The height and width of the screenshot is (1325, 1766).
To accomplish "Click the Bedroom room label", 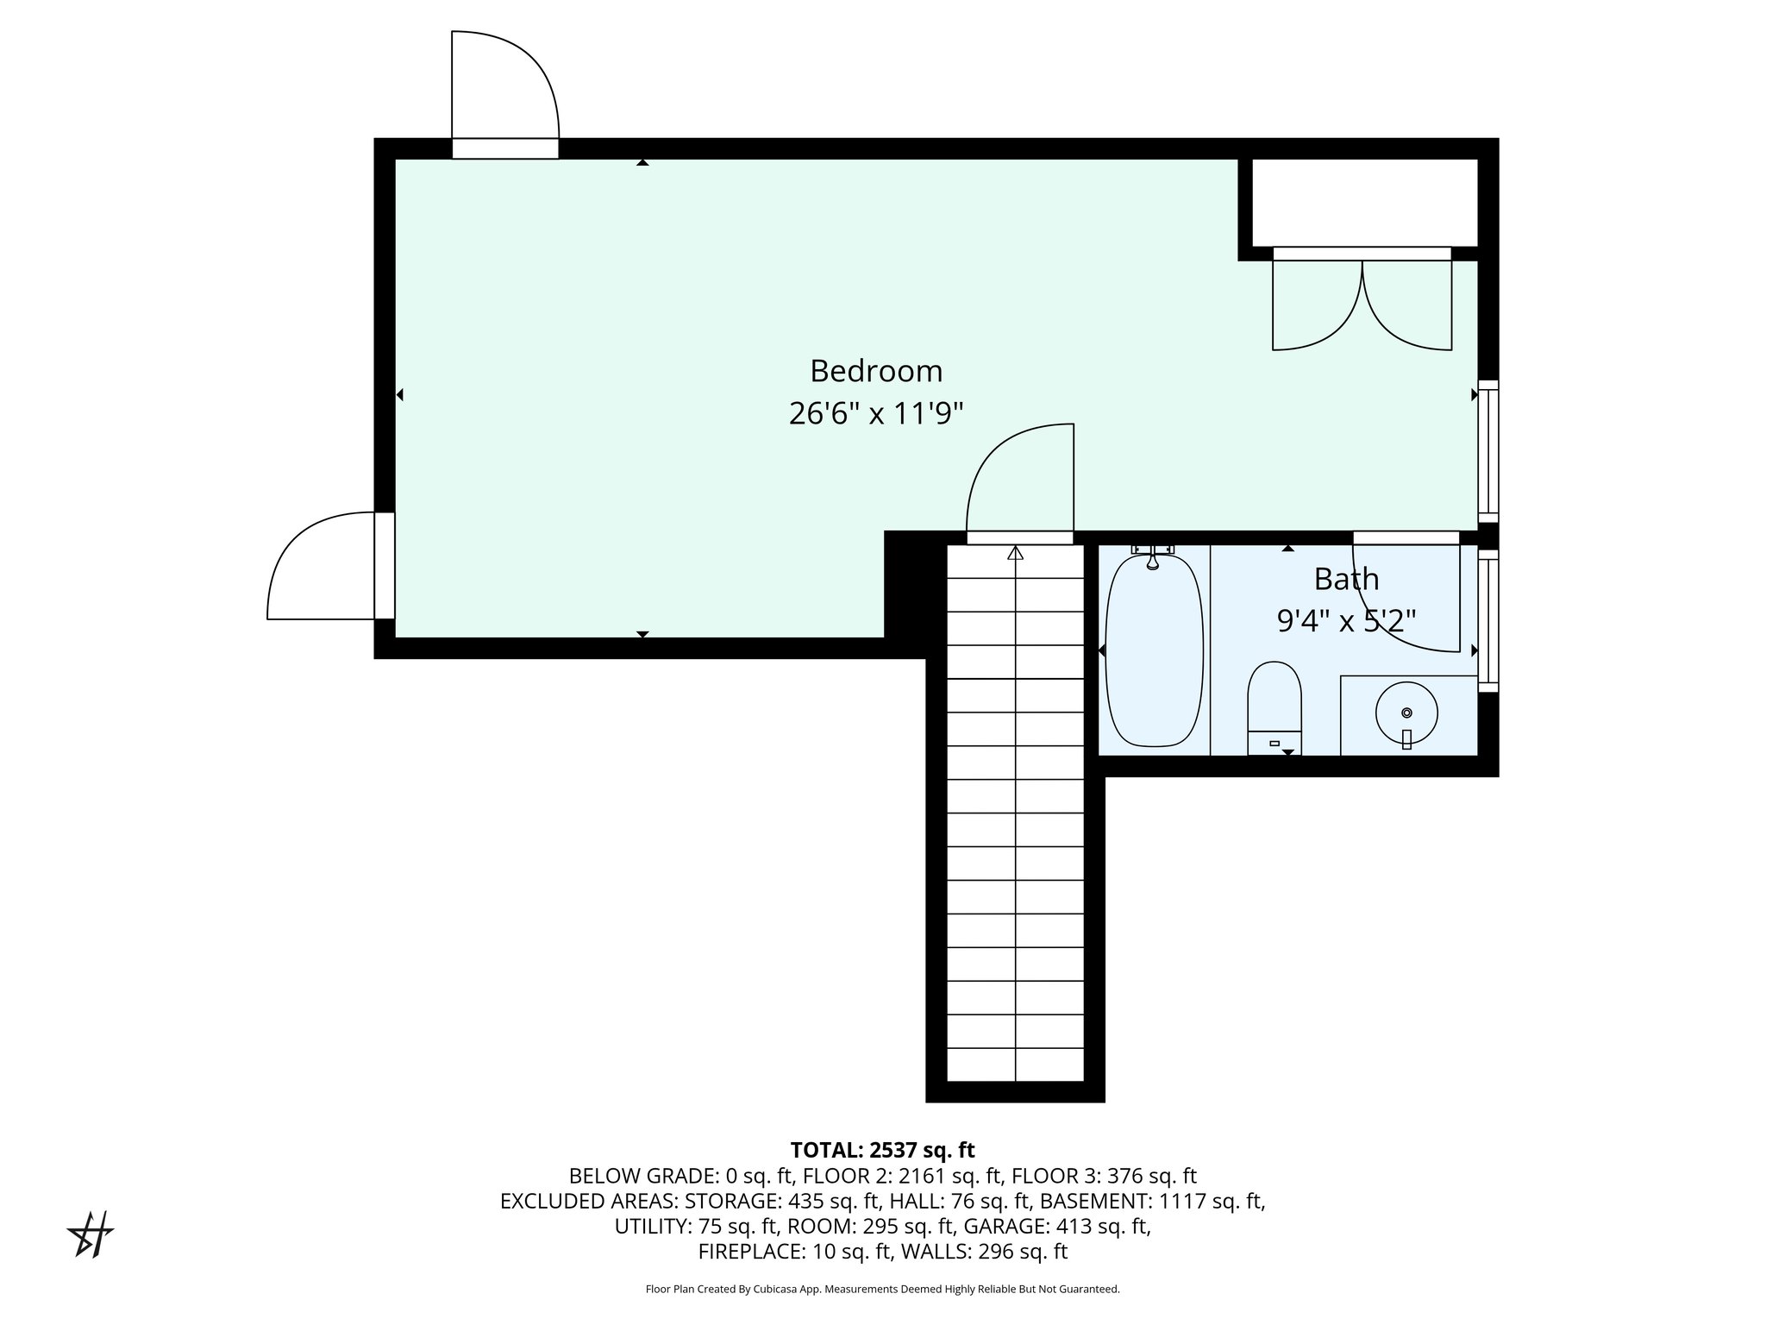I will [x=876, y=371].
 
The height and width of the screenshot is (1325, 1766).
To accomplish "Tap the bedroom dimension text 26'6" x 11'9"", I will [x=876, y=414].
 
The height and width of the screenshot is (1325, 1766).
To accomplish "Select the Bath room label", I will [x=1346, y=579].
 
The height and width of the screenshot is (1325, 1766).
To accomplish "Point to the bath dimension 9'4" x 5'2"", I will [x=1346, y=620].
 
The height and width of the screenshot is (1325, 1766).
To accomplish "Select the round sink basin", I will [x=1406, y=713].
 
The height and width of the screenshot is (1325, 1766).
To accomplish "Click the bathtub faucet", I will [x=1152, y=557].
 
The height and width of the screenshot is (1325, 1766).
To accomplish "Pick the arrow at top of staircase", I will [x=1015, y=553].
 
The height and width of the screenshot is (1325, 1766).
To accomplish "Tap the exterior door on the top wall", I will [x=505, y=95].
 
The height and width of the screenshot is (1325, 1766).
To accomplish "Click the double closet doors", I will [x=1362, y=302].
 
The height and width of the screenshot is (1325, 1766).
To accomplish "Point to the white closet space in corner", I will [x=1364, y=203].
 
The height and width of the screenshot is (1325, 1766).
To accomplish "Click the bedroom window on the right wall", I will [x=1488, y=450].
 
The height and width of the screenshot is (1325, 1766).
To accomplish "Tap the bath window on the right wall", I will [x=1488, y=621].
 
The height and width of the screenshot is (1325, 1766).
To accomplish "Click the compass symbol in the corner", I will [x=91, y=1234].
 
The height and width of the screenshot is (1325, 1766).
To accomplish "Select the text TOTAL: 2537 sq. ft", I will [x=882, y=1150].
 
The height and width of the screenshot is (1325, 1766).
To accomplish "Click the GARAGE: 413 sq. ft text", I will [x=1056, y=1226].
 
